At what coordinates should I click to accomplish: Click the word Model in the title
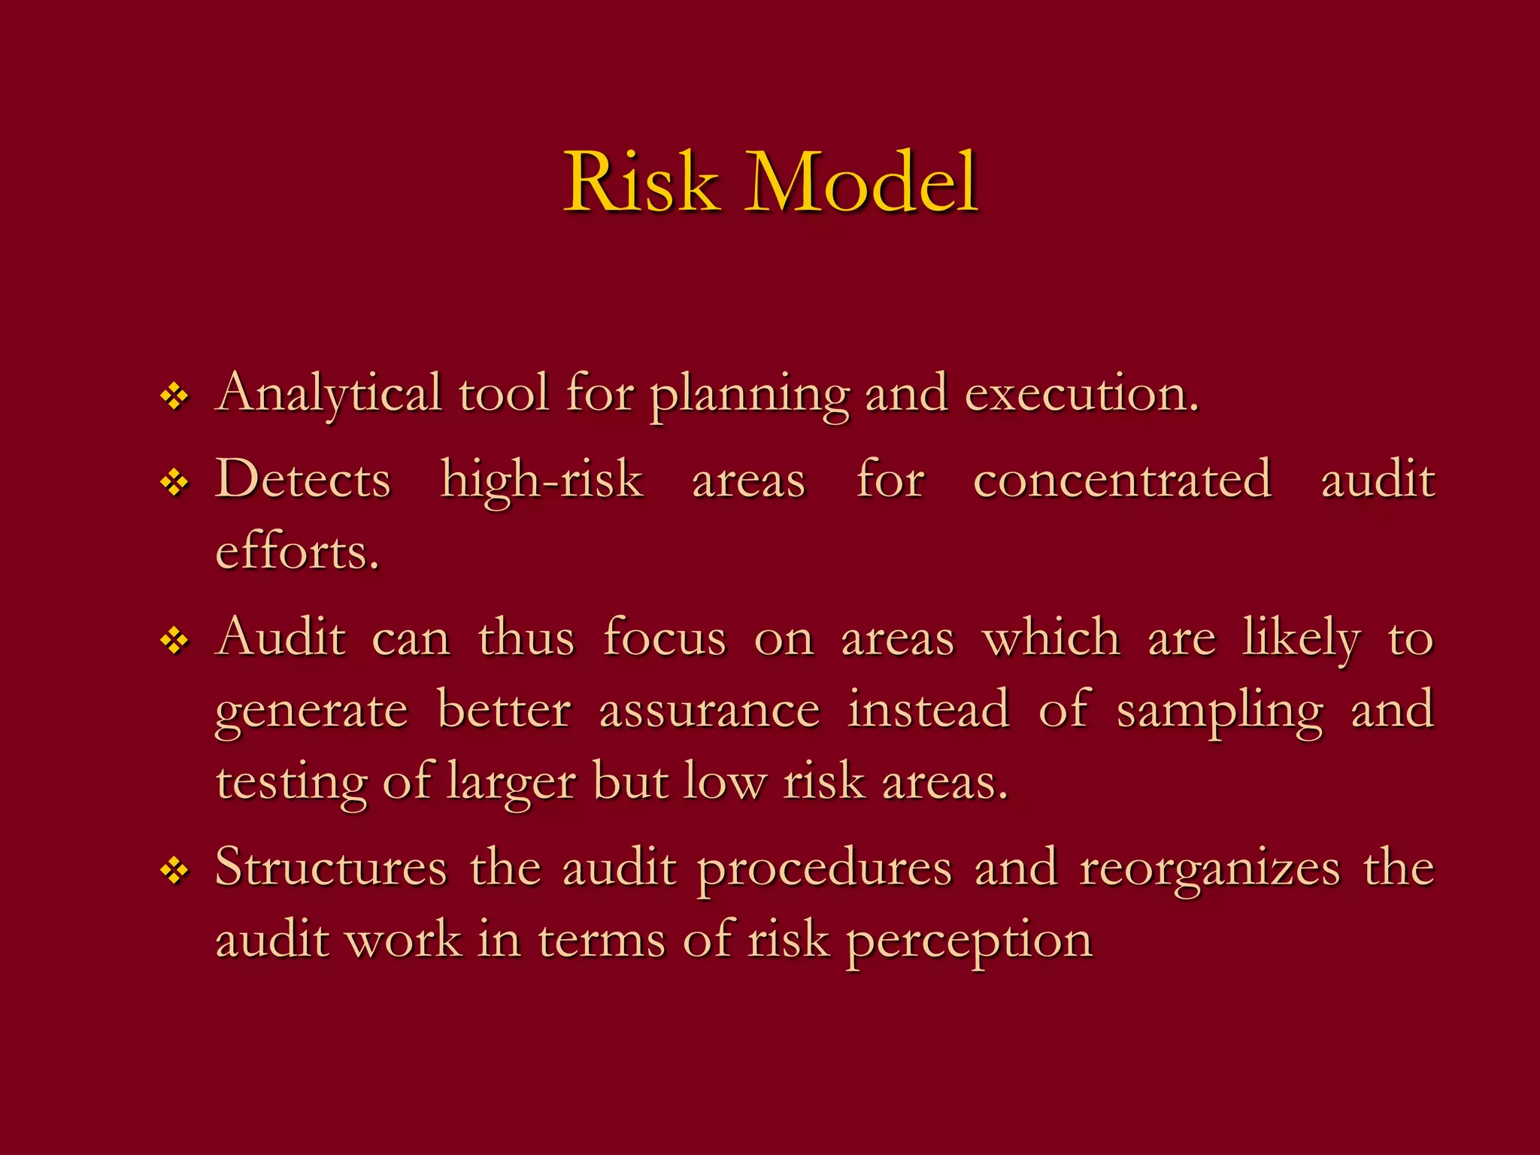point(862,183)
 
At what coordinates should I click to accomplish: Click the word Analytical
point(329,394)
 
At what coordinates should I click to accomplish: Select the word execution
point(1081,394)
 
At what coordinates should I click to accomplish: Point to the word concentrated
point(1122,480)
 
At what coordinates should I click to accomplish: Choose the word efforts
point(297,552)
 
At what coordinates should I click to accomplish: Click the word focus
point(665,638)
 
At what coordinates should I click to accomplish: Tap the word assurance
point(709,711)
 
